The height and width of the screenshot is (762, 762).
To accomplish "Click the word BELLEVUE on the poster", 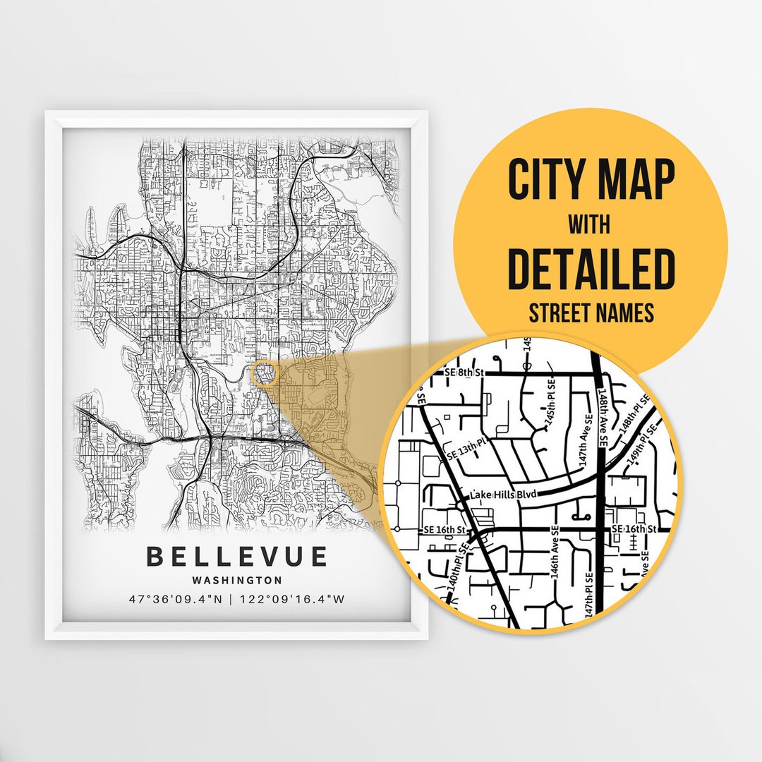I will pos(236,556).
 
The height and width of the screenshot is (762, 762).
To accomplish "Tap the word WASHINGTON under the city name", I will pos(236,580).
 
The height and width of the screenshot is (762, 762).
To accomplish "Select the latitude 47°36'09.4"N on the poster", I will pos(180,600).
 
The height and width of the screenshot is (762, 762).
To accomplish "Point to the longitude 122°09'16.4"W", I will pos(293,600).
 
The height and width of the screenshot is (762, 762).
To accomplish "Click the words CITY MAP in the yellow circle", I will pos(591,180).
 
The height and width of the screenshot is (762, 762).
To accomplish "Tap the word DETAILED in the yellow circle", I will pos(591,269).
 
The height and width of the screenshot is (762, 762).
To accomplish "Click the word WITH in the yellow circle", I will pos(591,225).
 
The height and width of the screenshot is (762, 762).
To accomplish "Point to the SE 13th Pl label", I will pos(468,452).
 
